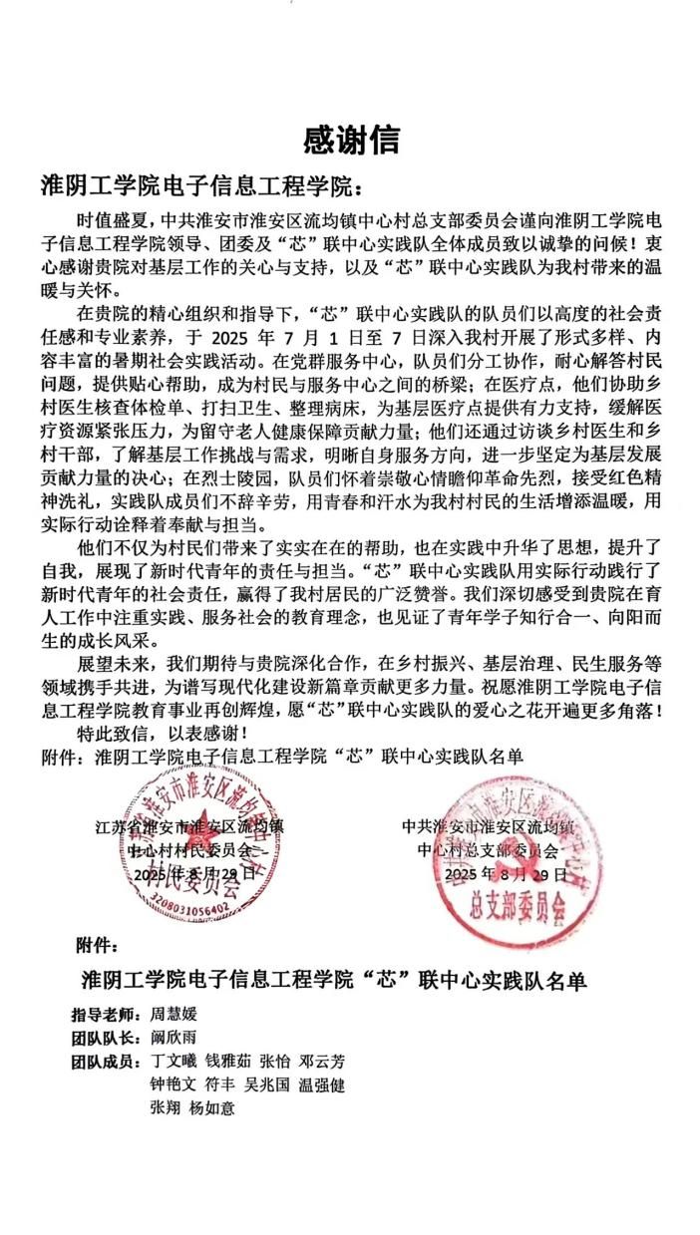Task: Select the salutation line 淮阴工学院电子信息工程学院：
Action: point(196,186)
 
